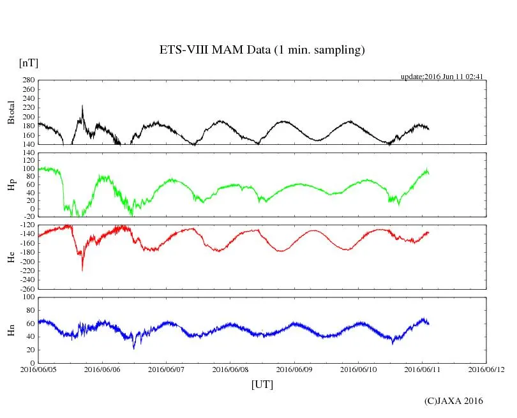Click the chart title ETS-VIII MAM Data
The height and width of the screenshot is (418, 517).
tap(262, 50)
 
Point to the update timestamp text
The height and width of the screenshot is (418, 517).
tap(442, 77)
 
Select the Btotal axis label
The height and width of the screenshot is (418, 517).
tap(10, 112)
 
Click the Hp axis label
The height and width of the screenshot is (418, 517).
tap(10, 185)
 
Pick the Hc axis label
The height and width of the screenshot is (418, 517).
tap(10, 257)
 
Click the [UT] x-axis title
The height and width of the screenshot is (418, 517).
tap(262, 384)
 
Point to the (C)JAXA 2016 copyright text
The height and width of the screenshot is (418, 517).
tap(454, 401)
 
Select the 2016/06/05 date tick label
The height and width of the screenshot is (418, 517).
tap(38, 369)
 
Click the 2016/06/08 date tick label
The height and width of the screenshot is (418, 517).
tap(230, 369)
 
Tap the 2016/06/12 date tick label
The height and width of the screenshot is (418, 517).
tap(486, 369)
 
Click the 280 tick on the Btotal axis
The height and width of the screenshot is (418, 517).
tap(28, 80)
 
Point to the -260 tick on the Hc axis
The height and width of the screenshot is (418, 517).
tap(26, 288)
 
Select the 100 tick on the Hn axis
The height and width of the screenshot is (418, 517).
tap(28, 297)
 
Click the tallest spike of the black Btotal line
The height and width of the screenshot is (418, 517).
tap(82, 106)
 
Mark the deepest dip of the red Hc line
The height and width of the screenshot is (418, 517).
tap(82, 270)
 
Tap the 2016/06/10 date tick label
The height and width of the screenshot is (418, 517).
tap(358, 369)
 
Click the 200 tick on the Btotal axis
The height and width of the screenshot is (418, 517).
tap(28, 117)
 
